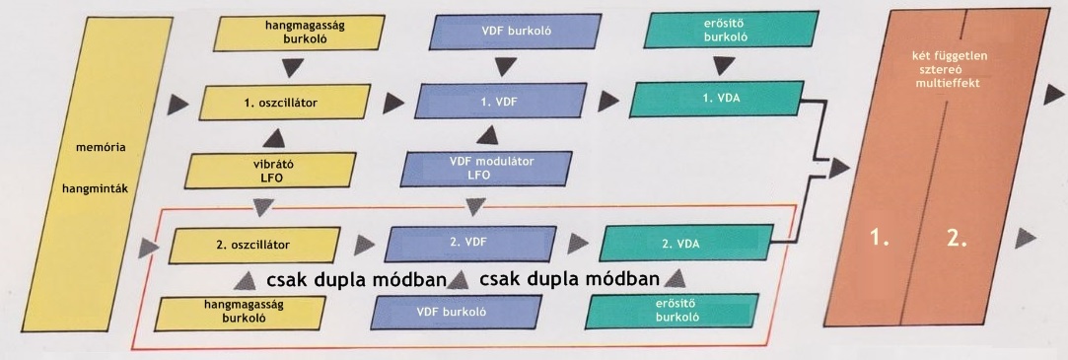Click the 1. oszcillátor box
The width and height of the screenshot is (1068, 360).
click(x=281, y=102)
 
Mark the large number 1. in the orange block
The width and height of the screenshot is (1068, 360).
click(x=880, y=238)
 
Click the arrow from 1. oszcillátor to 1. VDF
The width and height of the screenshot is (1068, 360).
click(x=395, y=101)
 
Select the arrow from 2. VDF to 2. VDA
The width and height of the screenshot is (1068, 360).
click(x=575, y=243)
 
